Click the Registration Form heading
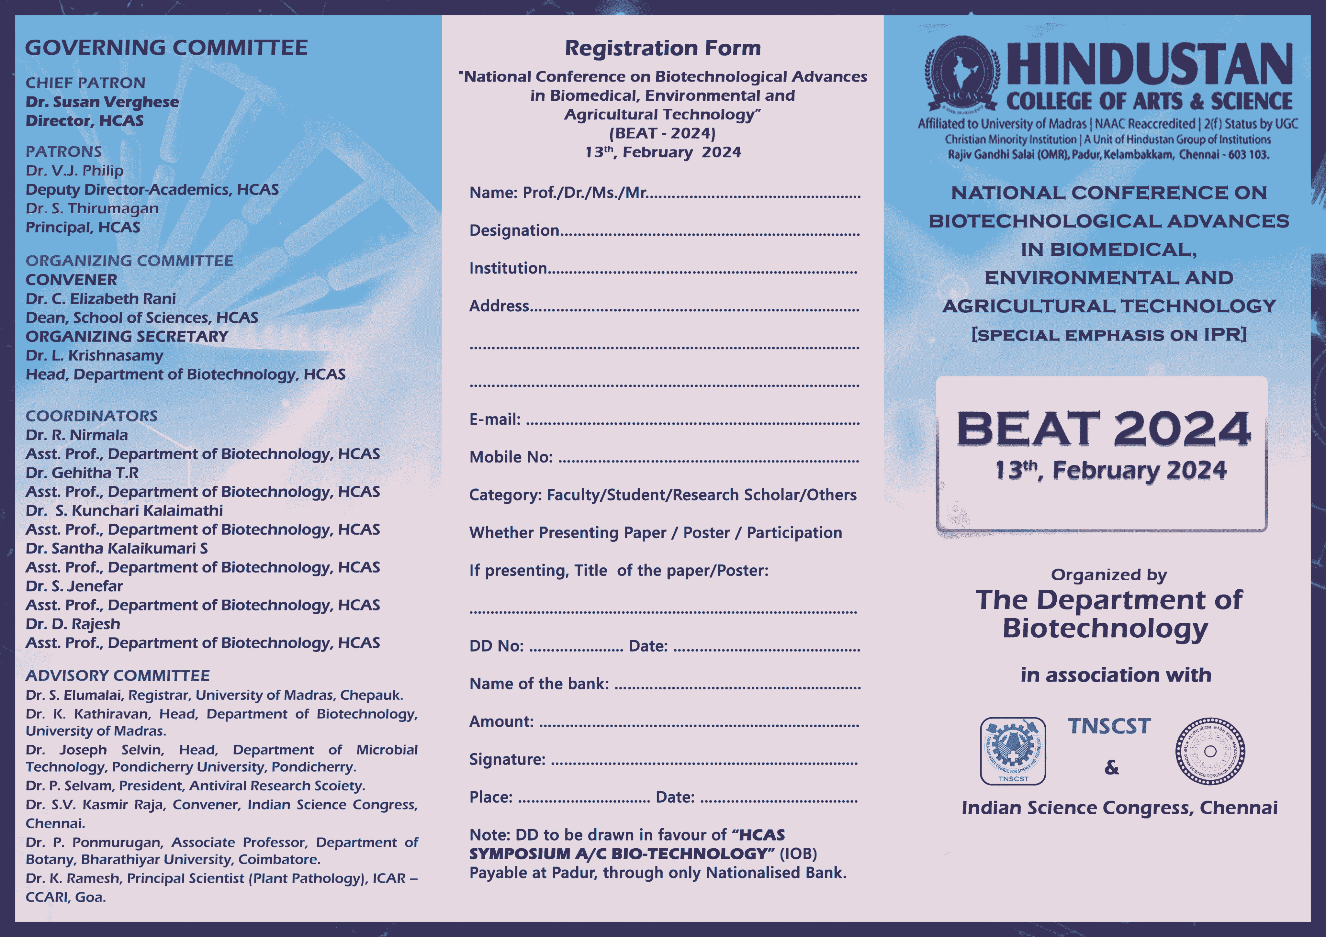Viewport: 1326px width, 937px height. click(x=662, y=48)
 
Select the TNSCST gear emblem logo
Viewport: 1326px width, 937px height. click(x=1013, y=751)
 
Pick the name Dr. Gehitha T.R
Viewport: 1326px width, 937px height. click(x=82, y=473)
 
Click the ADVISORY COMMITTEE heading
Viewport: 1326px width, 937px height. click(x=117, y=675)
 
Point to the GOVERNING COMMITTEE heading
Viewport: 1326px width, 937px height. click(x=166, y=47)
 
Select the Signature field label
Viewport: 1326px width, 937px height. click(x=507, y=760)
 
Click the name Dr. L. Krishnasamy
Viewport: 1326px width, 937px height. click(x=94, y=356)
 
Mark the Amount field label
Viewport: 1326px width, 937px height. click(x=501, y=722)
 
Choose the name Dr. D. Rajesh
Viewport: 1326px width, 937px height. click(x=73, y=624)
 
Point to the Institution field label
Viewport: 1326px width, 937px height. click(x=508, y=268)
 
